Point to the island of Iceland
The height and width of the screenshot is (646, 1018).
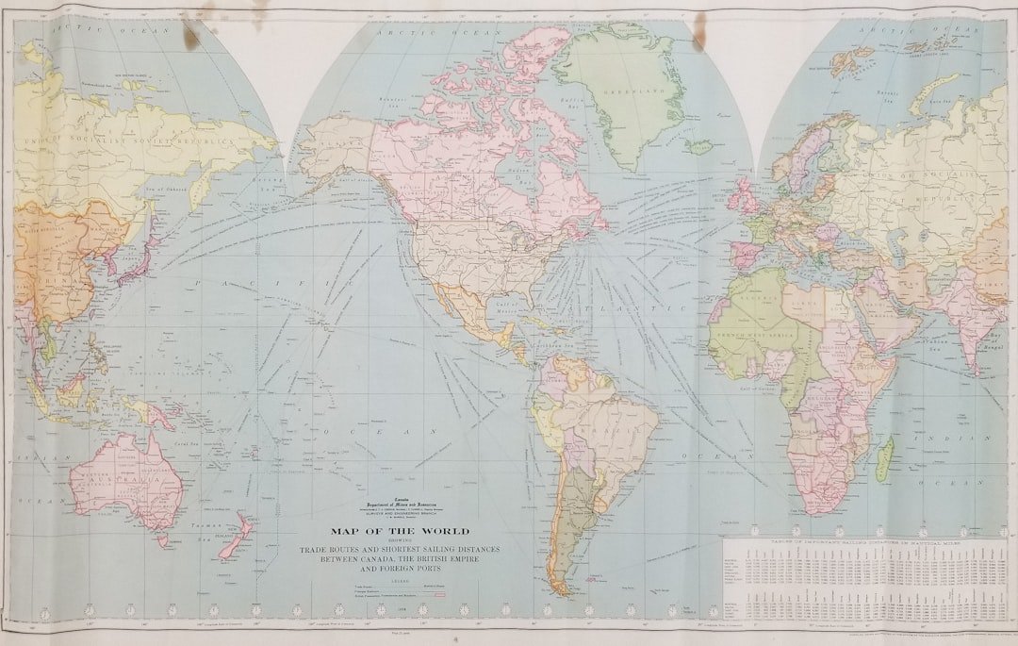click(x=699, y=147)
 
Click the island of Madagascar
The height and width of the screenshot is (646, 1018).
click(x=883, y=458)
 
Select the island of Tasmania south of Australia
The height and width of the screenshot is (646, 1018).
click(x=162, y=541)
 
